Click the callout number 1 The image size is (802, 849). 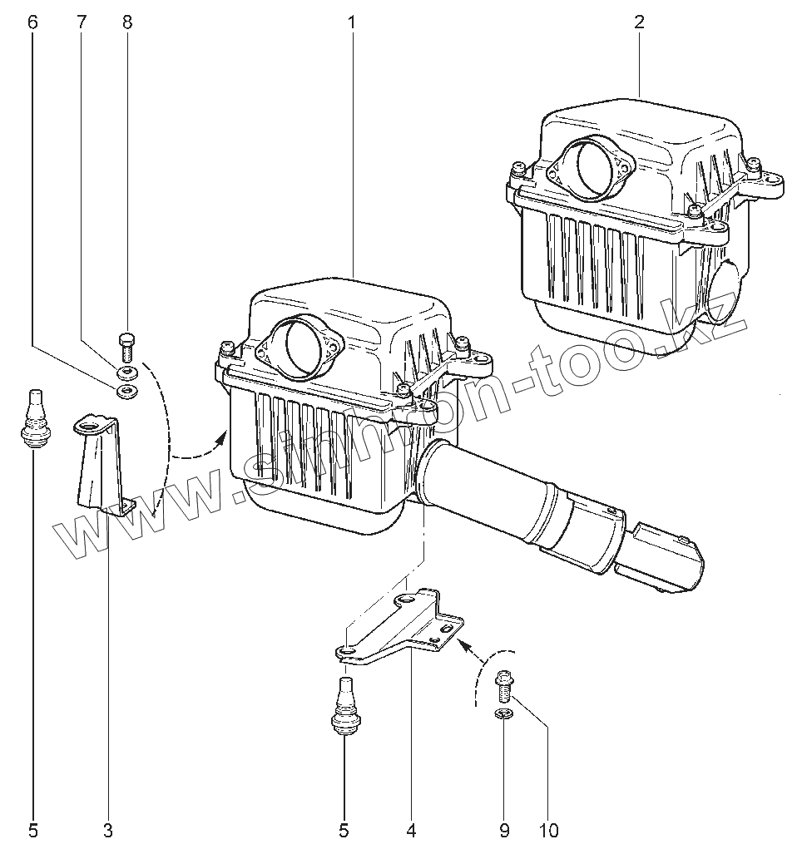(351, 22)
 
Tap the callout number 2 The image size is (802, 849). (639, 22)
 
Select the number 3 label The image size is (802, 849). (108, 829)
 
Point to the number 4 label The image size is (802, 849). (411, 829)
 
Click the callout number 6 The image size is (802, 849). (32, 22)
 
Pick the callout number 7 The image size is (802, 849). (81, 22)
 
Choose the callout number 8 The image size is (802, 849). (127, 22)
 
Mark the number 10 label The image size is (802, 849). (548, 829)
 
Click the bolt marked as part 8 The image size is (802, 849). (127, 344)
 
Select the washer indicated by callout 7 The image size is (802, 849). (127, 371)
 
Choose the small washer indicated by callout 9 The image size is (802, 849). (503, 713)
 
